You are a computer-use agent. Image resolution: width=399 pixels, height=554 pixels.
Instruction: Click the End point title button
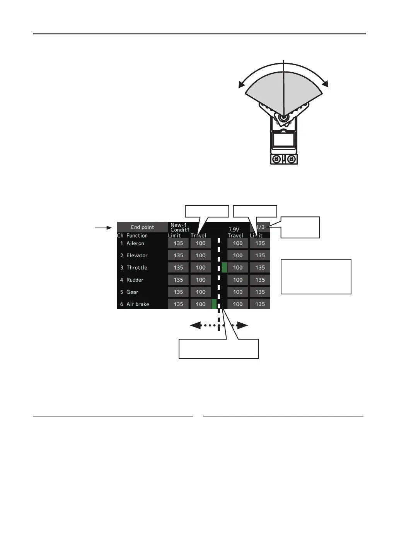(x=142, y=227)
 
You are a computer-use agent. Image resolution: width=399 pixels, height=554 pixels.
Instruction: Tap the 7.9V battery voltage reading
(x=234, y=229)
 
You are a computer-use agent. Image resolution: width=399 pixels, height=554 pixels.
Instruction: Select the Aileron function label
(x=135, y=243)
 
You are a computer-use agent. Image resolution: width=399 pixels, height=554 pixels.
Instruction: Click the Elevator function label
(x=136, y=255)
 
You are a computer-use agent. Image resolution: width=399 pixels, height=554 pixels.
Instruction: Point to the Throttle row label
(x=136, y=268)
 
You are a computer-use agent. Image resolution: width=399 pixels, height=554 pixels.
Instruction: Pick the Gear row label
(x=132, y=292)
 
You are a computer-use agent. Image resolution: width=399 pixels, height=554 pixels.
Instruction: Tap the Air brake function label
(x=137, y=304)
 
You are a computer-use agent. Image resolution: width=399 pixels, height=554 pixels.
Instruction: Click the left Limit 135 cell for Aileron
(x=178, y=243)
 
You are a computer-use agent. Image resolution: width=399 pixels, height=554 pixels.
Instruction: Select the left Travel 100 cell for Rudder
(x=201, y=280)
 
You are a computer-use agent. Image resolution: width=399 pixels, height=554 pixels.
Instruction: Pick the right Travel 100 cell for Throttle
(x=238, y=268)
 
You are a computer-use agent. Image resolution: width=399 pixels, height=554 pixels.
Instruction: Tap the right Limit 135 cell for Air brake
(x=260, y=304)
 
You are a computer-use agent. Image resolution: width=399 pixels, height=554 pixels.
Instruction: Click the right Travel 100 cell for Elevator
(x=238, y=255)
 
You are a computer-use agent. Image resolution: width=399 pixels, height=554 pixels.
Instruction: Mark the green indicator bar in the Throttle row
(x=224, y=267)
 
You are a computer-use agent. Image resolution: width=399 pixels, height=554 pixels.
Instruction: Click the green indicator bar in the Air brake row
(x=214, y=304)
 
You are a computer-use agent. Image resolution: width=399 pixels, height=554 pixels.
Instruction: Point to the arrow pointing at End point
(x=103, y=228)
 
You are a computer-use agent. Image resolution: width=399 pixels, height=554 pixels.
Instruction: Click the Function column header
(x=137, y=236)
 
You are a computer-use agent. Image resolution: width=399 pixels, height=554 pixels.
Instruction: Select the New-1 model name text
(x=178, y=225)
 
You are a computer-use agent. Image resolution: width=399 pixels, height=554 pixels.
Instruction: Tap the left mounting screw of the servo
(x=276, y=159)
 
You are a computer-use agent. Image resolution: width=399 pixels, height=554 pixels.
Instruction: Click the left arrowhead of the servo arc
(x=241, y=85)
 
